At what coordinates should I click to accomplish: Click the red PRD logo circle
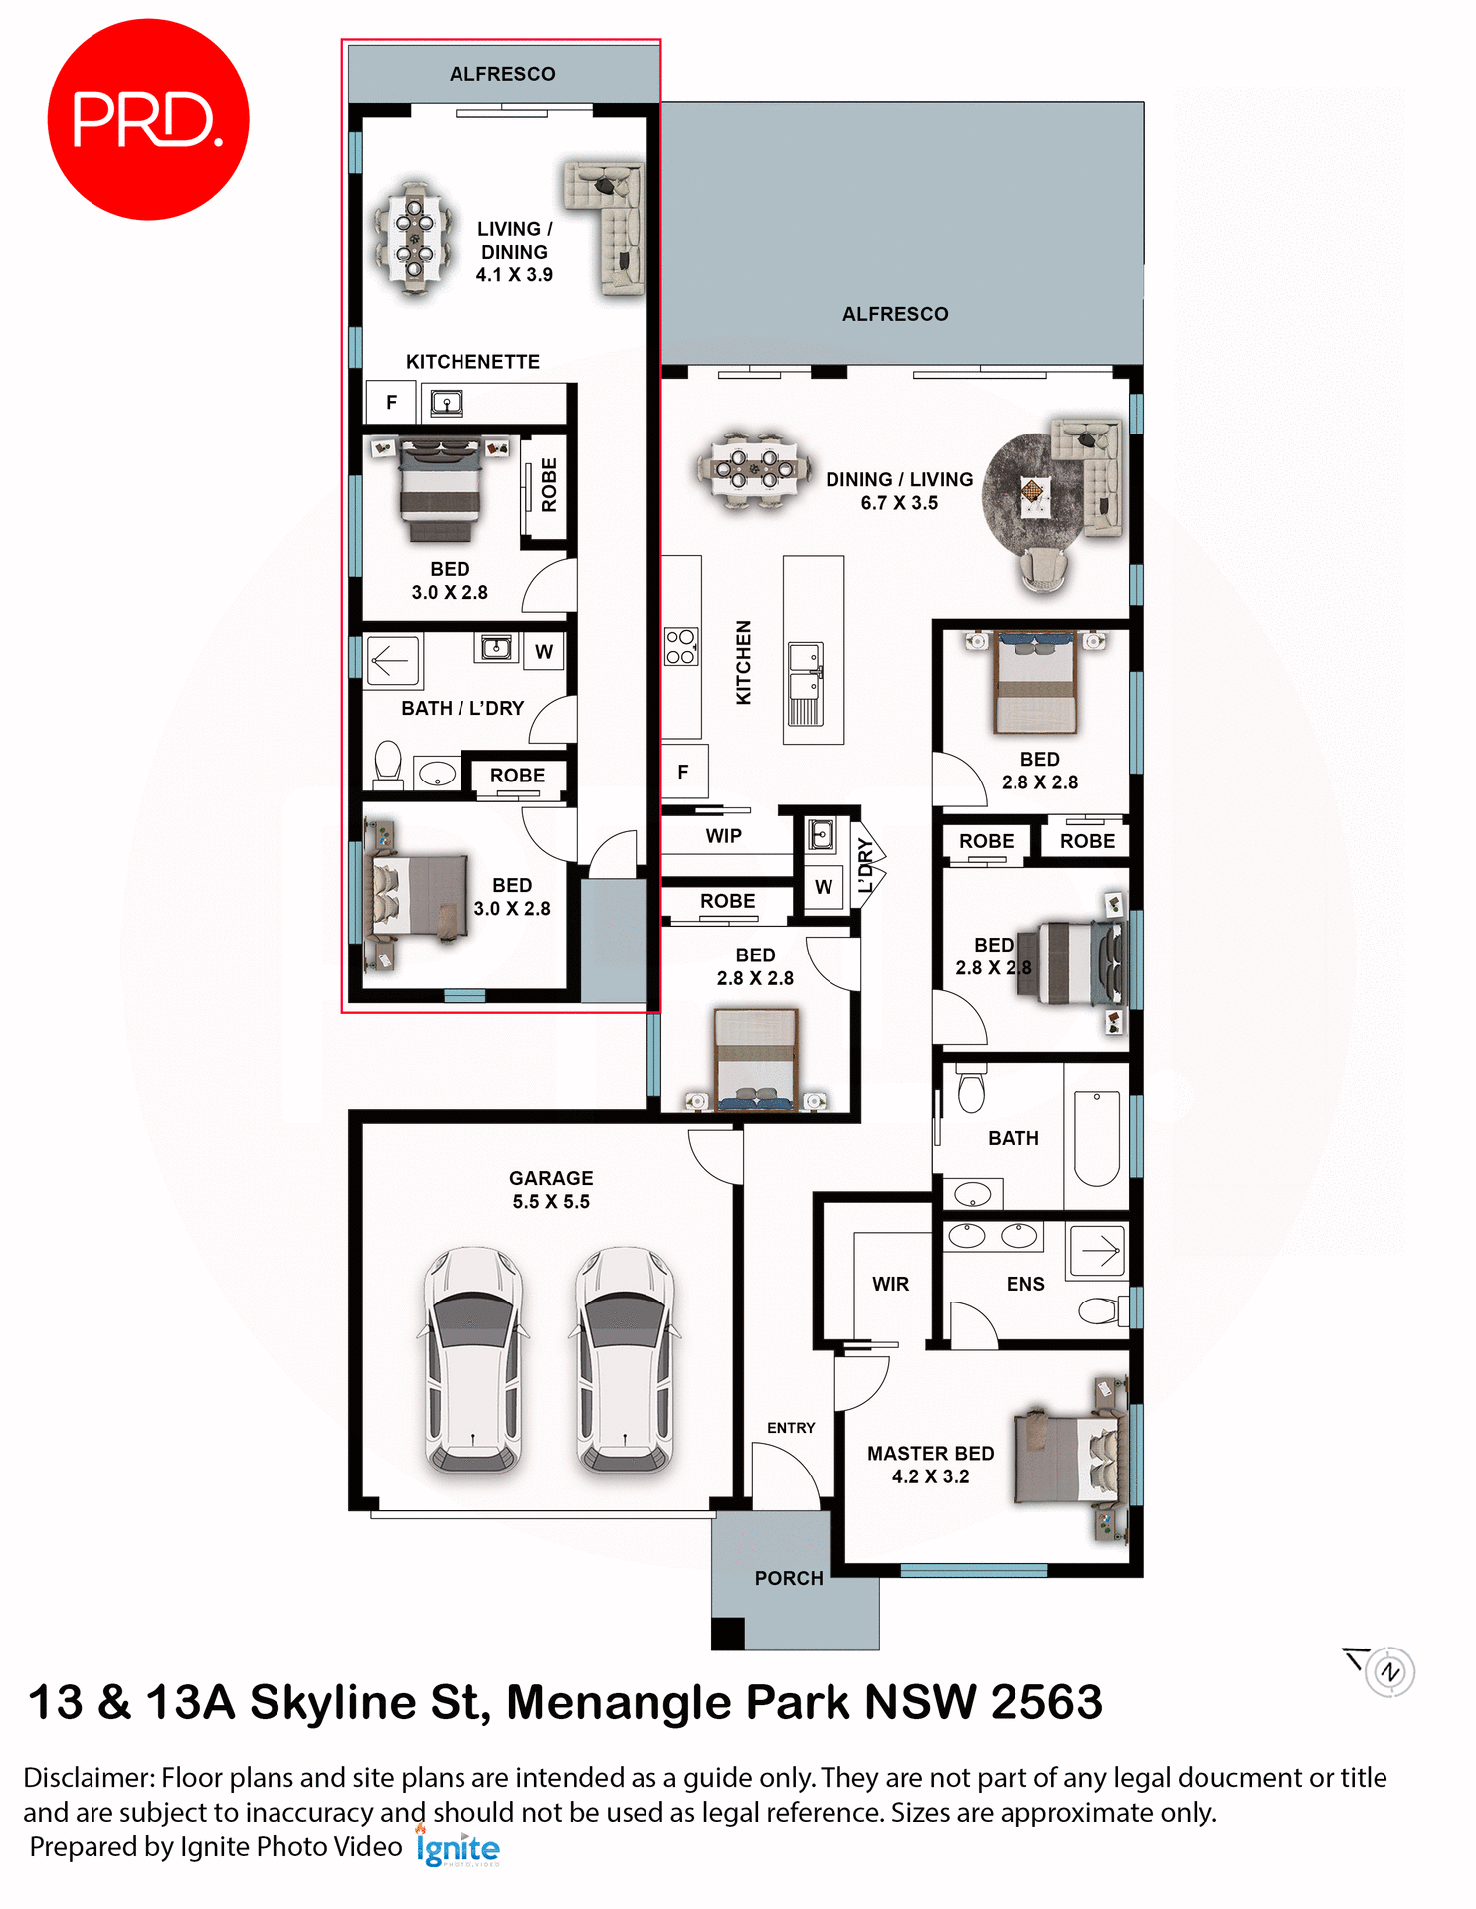(147, 119)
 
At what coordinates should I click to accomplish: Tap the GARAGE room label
(551, 1178)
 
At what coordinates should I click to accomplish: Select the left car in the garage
(473, 1359)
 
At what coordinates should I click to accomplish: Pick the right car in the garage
(625, 1359)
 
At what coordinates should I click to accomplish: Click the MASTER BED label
(930, 1454)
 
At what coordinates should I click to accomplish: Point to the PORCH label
(789, 1579)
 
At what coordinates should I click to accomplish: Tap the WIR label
(890, 1285)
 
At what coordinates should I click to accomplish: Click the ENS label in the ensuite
(1025, 1285)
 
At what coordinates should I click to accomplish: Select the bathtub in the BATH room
(1097, 1138)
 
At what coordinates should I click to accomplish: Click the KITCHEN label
(743, 663)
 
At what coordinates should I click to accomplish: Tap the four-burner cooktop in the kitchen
(681, 646)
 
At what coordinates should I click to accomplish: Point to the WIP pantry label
(724, 836)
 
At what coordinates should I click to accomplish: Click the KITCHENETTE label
(472, 362)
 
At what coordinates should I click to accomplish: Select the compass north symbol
(1389, 1672)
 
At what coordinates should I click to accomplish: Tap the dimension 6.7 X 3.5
(899, 503)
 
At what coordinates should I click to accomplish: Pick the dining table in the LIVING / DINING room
(415, 239)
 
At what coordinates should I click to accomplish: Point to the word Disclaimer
(88, 1778)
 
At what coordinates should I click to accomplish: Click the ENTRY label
(791, 1428)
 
